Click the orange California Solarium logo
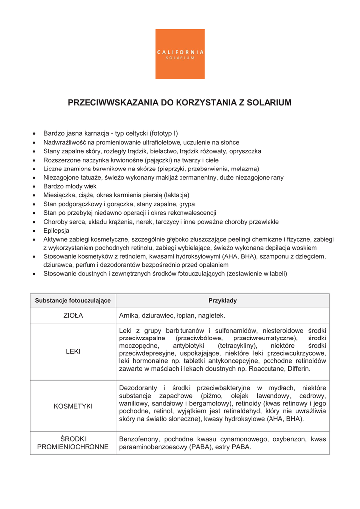pyautogui.click(x=180, y=54)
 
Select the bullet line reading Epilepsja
pyautogui.click(x=56, y=231)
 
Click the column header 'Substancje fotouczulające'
pyautogui.click(x=73, y=301)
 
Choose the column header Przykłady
pyautogui.click(x=222, y=301)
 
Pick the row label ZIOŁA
pyautogui.click(x=73, y=315)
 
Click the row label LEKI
pyautogui.click(x=73, y=351)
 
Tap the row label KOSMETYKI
pyautogui.click(x=73, y=406)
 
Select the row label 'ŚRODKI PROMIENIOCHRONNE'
pyautogui.click(x=73, y=443)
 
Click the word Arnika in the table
pyautogui.click(x=130, y=315)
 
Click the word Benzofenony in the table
pyautogui.click(x=140, y=439)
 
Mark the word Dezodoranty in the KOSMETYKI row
pyautogui.click(x=140, y=388)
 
